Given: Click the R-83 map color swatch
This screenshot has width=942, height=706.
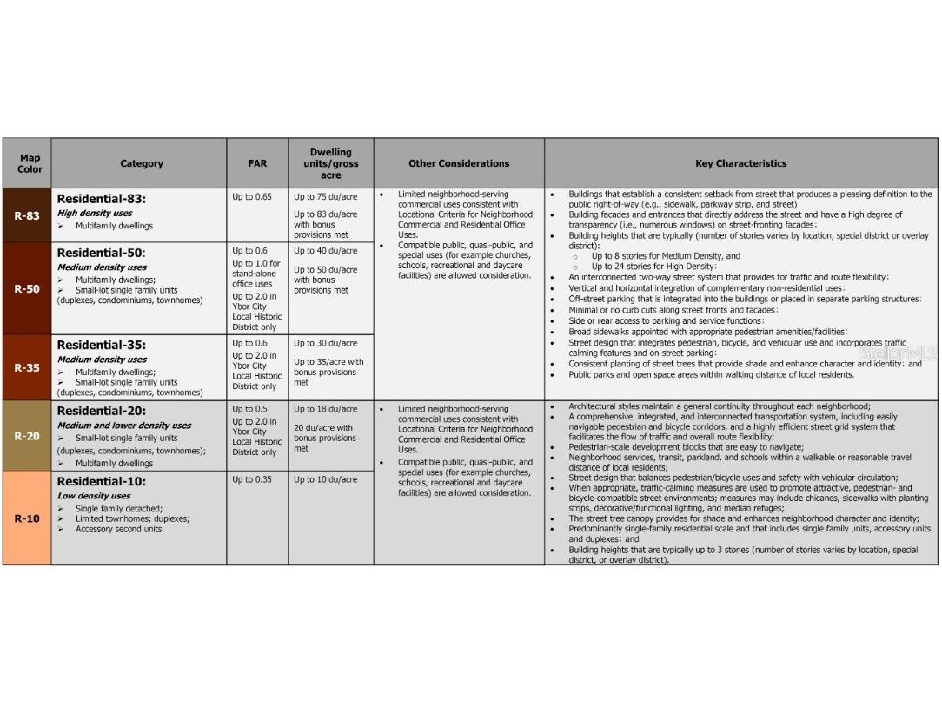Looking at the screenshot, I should click(26, 215).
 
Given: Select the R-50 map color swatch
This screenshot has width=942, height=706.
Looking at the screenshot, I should click(26, 288).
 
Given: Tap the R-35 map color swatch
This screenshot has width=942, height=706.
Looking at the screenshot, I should click(26, 367).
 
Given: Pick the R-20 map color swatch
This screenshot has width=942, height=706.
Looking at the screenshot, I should click(26, 436).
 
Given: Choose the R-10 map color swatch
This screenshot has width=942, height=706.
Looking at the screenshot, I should click(26, 518).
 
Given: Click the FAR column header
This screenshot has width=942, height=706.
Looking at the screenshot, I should click(257, 163).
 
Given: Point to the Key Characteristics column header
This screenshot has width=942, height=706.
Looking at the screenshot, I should click(740, 163).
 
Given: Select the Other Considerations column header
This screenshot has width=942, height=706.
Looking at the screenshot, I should click(459, 163).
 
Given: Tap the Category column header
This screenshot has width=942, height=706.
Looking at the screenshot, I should click(141, 163).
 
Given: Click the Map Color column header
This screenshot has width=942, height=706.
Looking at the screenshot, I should click(30, 163).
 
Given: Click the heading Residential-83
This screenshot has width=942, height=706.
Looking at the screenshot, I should click(102, 199).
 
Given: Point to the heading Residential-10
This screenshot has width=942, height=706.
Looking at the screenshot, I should click(102, 481).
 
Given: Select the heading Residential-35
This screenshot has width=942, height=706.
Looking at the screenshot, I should click(102, 345).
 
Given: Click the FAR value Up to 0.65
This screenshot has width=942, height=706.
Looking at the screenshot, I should click(252, 197).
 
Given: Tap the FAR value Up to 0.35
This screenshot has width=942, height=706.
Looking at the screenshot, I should click(252, 479).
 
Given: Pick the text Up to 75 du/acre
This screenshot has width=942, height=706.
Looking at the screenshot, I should click(325, 197).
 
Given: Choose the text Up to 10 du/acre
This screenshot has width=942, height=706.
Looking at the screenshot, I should click(325, 479).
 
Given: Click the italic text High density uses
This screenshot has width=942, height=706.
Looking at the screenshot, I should click(95, 213).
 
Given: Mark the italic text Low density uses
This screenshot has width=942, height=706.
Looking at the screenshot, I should click(94, 496).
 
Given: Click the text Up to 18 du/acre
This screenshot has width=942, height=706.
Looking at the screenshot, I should click(325, 409).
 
